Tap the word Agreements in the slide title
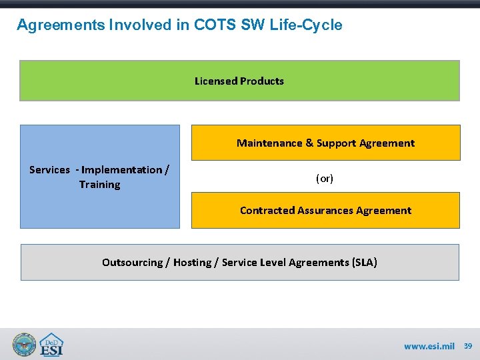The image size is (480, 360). pyautogui.click(x=58, y=25)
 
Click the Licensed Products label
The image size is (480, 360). pyautogui.click(x=239, y=81)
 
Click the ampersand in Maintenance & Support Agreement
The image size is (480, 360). pyautogui.click(x=309, y=143)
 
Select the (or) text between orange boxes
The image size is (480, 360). pyautogui.click(x=325, y=179)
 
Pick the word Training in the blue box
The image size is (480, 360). pyautogui.click(x=100, y=185)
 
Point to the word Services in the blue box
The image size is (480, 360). pyautogui.click(x=49, y=170)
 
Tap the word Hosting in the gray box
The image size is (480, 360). pyautogui.click(x=192, y=263)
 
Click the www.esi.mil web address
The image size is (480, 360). pyautogui.click(x=429, y=347)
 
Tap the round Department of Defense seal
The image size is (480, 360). pyautogui.click(x=24, y=345)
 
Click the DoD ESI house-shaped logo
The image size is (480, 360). pyautogui.click(x=51, y=345)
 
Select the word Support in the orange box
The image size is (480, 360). pyautogui.click(x=336, y=143)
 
